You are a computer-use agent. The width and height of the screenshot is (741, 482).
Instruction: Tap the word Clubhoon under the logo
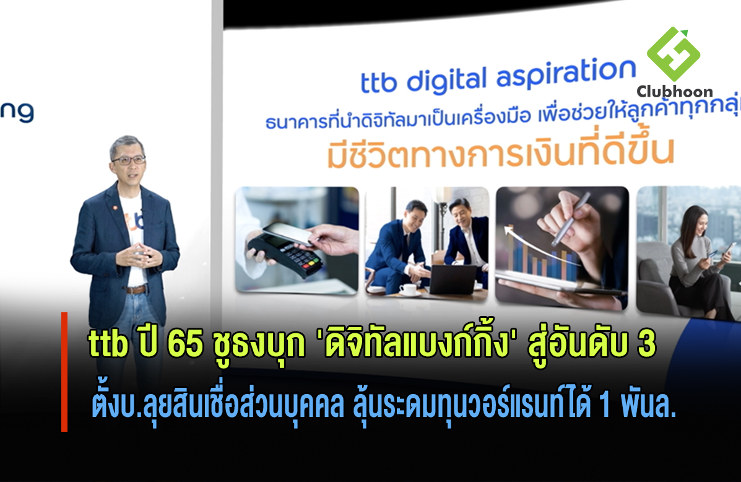click(674, 91)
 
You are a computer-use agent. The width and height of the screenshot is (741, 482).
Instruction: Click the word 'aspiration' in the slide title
click(566, 74)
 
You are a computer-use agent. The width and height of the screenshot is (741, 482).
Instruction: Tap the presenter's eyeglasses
click(128, 160)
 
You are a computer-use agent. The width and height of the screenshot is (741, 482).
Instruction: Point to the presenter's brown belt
click(137, 289)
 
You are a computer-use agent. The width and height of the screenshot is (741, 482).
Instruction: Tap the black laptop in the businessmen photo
click(453, 279)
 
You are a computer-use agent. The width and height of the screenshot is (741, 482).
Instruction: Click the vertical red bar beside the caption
click(64, 372)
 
